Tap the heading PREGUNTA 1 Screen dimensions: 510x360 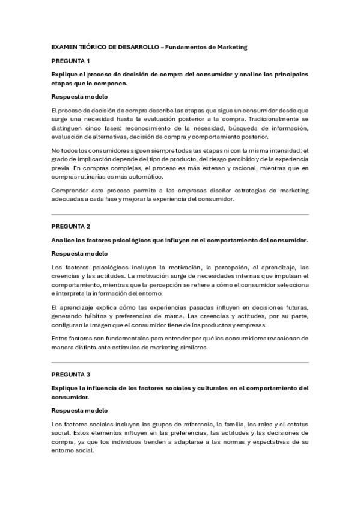pos(70,61)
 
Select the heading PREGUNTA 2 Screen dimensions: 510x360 pos(70,226)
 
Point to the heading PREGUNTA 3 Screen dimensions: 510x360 pos(70,373)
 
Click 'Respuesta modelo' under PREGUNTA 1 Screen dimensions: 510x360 pos(79,97)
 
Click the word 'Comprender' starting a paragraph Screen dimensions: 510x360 pos(70,191)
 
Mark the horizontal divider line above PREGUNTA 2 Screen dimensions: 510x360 pos(180,215)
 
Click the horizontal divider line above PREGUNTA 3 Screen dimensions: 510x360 pos(180,363)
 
